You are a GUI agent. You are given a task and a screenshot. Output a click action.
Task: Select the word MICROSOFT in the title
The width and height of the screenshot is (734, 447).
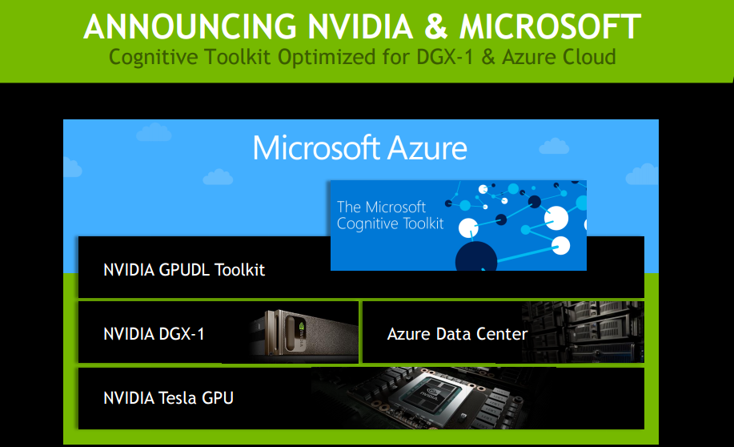coord(550,26)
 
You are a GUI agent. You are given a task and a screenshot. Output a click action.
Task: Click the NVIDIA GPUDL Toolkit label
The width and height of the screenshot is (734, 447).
coord(184,269)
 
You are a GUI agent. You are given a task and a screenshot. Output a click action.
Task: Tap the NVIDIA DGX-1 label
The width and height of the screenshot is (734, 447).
coord(154,333)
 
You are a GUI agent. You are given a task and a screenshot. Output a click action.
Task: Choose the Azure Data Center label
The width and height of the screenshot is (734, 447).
coord(457,333)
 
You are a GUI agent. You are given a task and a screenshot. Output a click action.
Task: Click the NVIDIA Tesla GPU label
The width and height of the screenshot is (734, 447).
coord(168,397)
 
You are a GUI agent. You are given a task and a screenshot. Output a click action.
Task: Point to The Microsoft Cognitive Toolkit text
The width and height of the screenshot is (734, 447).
coord(390,215)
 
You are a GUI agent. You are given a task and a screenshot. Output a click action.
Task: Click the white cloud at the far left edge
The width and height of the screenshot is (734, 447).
coord(72,167)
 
